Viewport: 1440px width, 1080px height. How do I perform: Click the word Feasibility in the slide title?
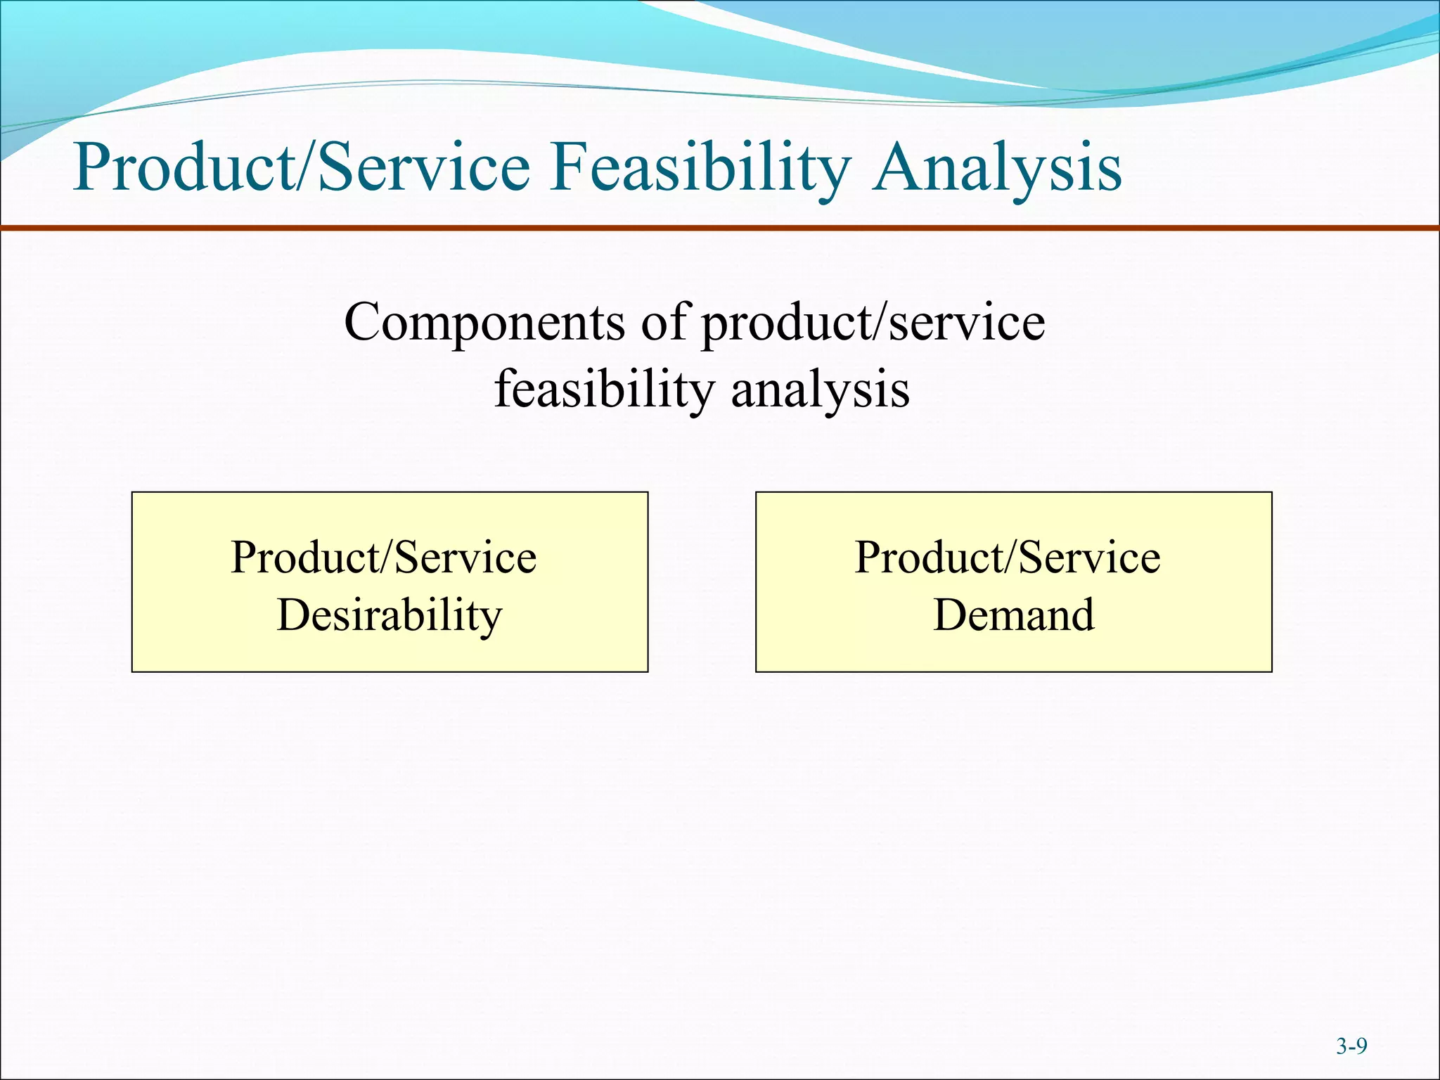point(700,169)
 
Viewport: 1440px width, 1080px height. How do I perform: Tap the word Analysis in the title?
point(997,169)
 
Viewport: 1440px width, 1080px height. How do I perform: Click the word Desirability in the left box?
point(390,615)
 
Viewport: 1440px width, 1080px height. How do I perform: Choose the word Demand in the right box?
point(1013,615)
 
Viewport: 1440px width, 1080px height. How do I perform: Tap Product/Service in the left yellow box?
point(384,558)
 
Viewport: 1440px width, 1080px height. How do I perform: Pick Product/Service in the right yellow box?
point(1007,558)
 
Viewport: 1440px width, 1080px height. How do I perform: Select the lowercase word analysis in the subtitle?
point(820,390)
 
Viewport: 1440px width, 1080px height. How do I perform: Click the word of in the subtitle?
point(663,322)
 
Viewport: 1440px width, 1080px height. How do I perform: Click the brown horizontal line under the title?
point(720,228)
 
